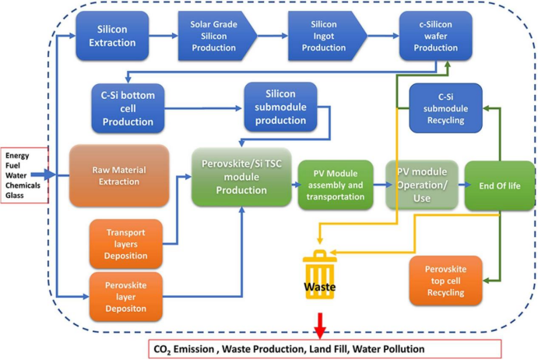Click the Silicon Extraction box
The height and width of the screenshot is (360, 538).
coord(112,36)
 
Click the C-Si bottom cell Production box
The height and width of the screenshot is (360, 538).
coord(128,109)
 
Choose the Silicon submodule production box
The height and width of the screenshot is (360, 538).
coord(280,107)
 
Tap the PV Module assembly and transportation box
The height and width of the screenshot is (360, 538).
coord(334,185)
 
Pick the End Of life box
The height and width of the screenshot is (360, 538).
coord(498,185)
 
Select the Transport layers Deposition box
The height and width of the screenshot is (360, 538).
coord(125,242)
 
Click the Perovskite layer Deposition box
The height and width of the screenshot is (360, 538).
coord(125,295)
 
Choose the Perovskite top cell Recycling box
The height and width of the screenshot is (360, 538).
coord(445,281)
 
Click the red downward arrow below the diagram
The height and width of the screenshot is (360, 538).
coord(319,323)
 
